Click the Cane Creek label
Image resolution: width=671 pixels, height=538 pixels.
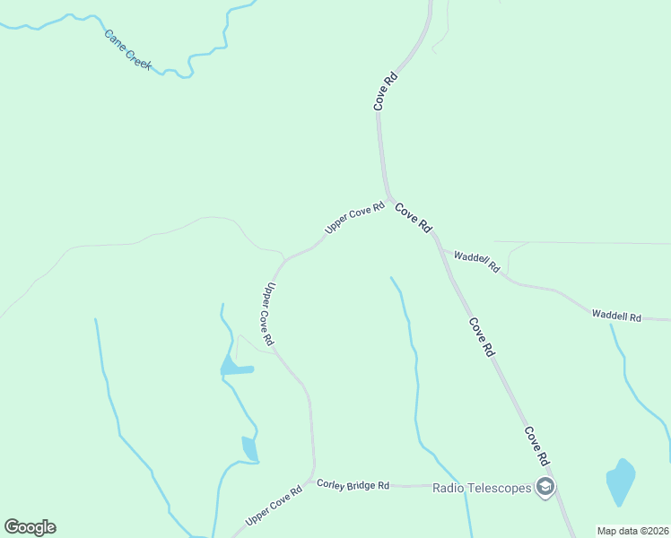[128, 50]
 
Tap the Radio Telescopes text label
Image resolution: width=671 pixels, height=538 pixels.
[483, 488]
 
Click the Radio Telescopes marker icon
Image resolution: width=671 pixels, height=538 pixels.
[545, 488]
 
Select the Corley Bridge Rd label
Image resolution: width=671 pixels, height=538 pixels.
[353, 484]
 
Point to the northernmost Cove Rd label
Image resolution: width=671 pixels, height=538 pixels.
[386, 92]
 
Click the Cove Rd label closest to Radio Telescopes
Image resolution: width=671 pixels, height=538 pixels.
[536, 445]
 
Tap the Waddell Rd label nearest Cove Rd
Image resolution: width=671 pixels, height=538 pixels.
[475, 261]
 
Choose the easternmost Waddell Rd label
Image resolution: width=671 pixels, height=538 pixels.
[616, 316]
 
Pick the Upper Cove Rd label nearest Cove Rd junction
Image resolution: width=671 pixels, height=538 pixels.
[354, 217]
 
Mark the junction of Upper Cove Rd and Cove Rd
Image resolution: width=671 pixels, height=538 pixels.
[388, 196]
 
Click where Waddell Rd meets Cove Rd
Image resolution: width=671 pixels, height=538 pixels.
[440, 246]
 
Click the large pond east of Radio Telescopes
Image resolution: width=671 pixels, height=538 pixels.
[620, 482]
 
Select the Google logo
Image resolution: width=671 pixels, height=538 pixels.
[30, 527]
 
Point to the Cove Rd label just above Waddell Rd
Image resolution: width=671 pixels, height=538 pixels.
[414, 217]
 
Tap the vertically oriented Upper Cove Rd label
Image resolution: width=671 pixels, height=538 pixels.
[268, 315]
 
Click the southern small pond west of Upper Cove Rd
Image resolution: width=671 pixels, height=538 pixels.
[249, 448]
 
